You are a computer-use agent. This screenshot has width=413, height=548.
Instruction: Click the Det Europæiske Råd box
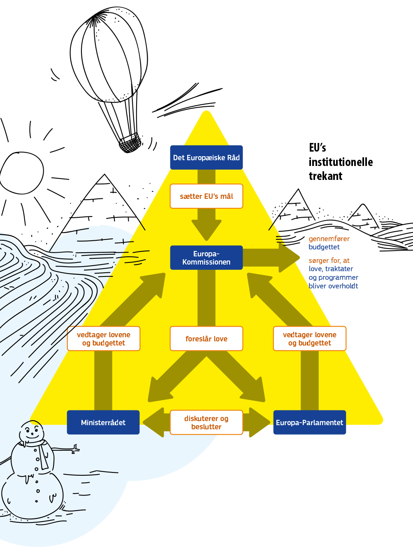206,157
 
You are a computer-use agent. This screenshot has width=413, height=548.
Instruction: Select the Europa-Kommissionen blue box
206,258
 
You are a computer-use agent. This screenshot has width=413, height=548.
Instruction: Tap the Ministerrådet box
103,422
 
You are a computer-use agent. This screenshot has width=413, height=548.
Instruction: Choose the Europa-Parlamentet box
309,422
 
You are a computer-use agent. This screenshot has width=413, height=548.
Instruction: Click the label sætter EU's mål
206,196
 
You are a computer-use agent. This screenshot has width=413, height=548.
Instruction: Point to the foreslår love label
206,339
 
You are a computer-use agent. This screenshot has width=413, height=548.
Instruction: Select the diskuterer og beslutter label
206,422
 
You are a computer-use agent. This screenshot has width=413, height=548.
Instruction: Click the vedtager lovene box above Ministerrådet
103,339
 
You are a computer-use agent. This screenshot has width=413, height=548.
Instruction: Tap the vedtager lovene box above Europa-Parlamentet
309,339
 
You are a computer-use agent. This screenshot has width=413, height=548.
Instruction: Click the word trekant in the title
325,176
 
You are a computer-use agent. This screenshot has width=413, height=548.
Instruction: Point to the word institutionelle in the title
341,162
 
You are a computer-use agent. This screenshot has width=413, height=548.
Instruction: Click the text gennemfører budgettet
328,243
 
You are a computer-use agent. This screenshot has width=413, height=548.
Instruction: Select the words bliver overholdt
333,286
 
